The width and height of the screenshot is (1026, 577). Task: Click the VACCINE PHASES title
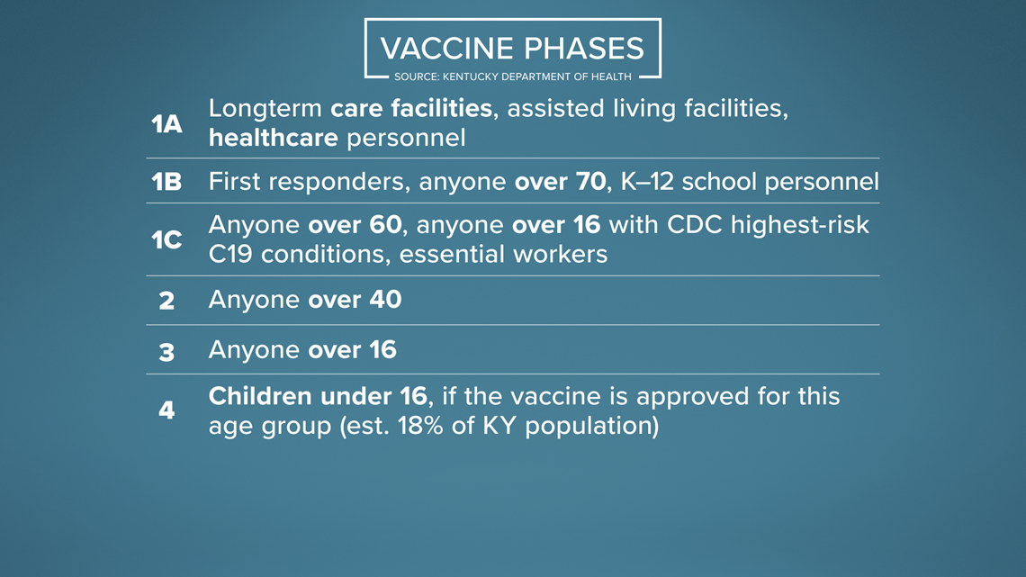click(x=512, y=49)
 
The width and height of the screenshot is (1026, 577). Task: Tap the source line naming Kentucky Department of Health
click(x=512, y=77)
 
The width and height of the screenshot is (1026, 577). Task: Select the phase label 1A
click(x=166, y=123)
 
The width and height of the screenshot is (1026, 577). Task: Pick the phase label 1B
click(x=166, y=181)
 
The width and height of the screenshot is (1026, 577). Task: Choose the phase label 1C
click(x=166, y=240)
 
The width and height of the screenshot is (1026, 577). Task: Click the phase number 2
click(x=166, y=301)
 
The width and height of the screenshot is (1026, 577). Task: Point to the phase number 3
click(x=166, y=352)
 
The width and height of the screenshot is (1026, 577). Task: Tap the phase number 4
click(x=166, y=410)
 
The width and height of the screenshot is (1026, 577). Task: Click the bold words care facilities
click(x=411, y=108)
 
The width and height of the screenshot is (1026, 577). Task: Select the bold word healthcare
click(x=274, y=138)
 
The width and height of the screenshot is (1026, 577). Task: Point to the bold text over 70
click(x=560, y=181)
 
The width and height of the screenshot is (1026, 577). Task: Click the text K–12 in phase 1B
click(x=647, y=181)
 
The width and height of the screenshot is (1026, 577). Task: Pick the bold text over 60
click(x=355, y=224)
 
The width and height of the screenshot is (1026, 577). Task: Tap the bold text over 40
click(x=355, y=299)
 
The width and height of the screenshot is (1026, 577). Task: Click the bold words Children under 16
click(x=318, y=396)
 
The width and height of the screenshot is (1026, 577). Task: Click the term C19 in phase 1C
click(x=230, y=254)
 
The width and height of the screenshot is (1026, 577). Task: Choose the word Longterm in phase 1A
click(x=265, y=109)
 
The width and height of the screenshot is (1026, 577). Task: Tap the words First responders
click(x=309, y=182)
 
